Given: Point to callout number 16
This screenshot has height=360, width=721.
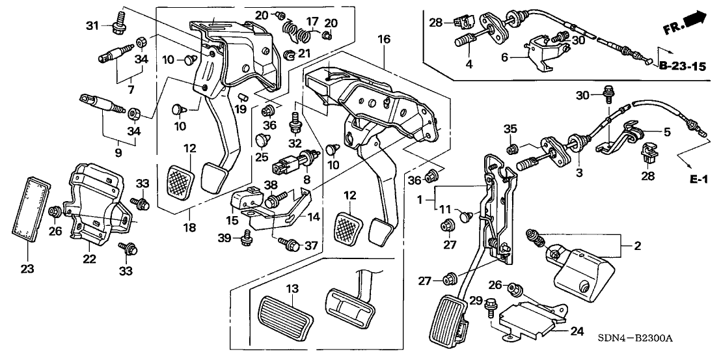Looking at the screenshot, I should pyautogui.click(x=384, y=40).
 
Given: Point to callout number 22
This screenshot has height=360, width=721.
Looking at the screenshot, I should pyautogui.click(x=89, y=259).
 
